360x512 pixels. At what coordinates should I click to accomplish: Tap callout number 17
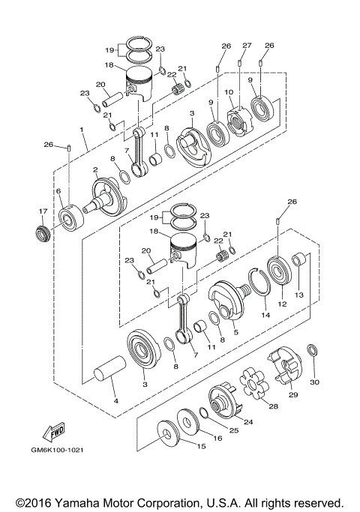(42, 212)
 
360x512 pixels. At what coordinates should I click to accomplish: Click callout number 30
(314, 382)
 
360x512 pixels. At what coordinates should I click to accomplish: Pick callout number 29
(293, 394)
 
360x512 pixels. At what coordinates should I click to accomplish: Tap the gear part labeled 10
(239, 119)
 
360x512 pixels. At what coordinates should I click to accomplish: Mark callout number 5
(236, 331)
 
